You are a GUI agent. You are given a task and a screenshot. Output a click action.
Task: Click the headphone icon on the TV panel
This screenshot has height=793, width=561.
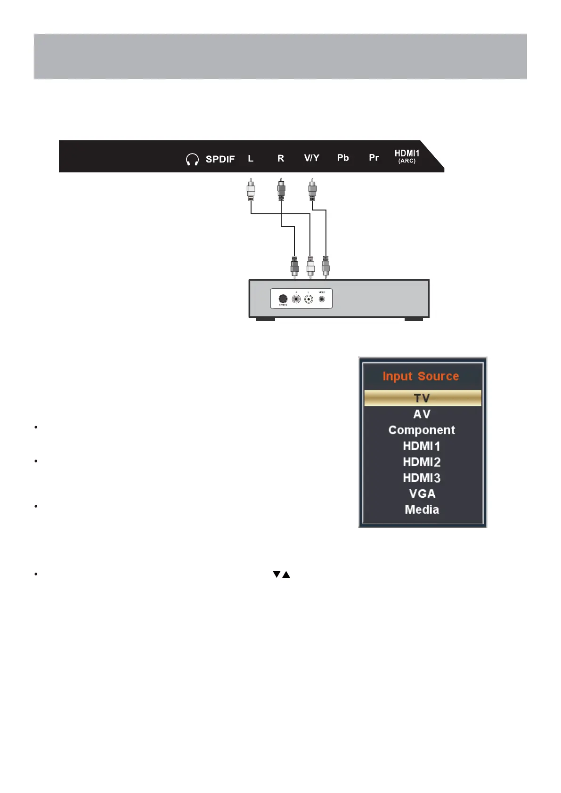pyautogui.click(x=192, y=160)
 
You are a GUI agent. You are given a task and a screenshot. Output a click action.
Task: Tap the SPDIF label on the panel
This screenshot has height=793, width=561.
pyautogui.click(x=220, y=159)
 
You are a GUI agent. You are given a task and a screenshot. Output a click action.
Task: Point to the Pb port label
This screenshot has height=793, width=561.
pyautogui.click(x=343, y=158)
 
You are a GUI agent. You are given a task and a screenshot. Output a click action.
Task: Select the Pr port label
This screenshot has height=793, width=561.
pyautogui.click(x=374, y=158)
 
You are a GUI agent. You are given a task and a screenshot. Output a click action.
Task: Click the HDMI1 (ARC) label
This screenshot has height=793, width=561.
pyautogui.click(x=407, y=156)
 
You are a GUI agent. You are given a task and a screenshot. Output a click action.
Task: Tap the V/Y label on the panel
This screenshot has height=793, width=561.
pyautogui.click(x=311, y=158)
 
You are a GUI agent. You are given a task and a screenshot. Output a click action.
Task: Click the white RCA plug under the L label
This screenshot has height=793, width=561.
pyautogui.click(x=251, y=190)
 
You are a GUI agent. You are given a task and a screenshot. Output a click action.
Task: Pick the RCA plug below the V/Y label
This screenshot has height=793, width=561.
pyautogui.click(x=312, y=190)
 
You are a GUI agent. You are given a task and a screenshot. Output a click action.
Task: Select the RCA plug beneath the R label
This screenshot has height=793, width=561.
pyautogui.click(x=281, y=190)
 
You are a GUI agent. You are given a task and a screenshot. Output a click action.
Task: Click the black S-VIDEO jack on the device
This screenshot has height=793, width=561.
pyautogui.click(x=283, y=299)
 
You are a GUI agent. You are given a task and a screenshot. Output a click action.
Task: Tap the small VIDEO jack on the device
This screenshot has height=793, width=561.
pyautogui.click(x=322, y=299)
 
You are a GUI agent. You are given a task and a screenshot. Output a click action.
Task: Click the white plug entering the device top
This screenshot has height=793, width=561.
pyautogui.click(x=310, y=267)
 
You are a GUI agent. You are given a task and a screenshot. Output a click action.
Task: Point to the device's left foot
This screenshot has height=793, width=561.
pyautogui.click(x=265, y=319)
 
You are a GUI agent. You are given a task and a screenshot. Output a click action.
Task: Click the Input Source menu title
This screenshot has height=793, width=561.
pyautogui.click(x=421, y=376)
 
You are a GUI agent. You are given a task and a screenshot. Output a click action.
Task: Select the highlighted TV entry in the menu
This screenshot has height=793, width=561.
pyautogui.click(x=422, y=398)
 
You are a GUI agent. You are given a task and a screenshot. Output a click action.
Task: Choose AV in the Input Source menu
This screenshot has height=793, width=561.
pyautogui.click(x=422, y=414)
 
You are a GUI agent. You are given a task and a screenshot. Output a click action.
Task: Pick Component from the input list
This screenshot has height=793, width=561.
pyautogui.click(x=422, y=430)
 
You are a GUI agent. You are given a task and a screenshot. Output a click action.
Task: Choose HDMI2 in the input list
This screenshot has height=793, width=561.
pyautogui.click(x=422, y=462)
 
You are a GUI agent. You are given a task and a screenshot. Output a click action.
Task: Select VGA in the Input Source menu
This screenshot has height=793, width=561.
pyautogui.click(x=422, y=494)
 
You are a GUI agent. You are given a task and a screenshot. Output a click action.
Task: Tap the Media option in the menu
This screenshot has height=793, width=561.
pyautogui.click(x=422, y=510)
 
